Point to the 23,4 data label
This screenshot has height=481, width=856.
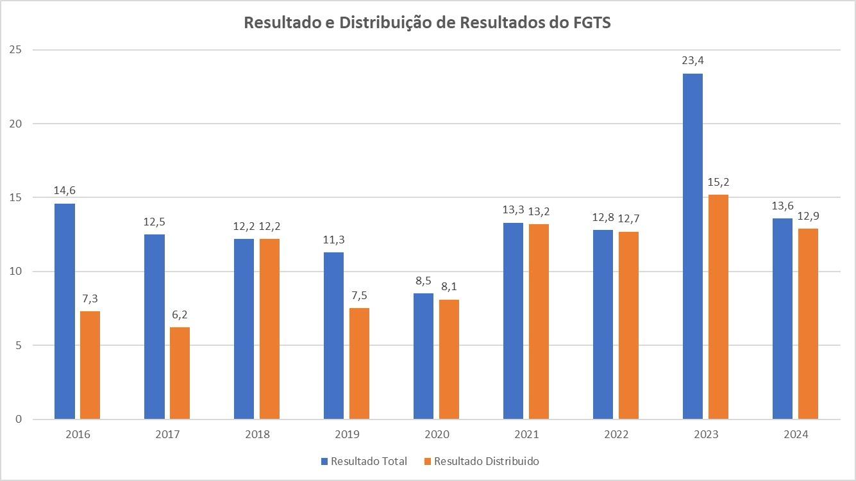693,61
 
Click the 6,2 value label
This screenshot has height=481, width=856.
180,315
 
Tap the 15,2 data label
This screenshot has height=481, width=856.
719,183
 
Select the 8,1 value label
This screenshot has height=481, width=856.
449,287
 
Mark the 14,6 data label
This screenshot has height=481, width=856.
65,191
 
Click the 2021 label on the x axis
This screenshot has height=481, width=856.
526,434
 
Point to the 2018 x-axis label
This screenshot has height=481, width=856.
257,434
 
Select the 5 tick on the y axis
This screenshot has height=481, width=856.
19,345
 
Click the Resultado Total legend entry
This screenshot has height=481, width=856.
364,461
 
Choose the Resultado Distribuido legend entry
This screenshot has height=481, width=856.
481,461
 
